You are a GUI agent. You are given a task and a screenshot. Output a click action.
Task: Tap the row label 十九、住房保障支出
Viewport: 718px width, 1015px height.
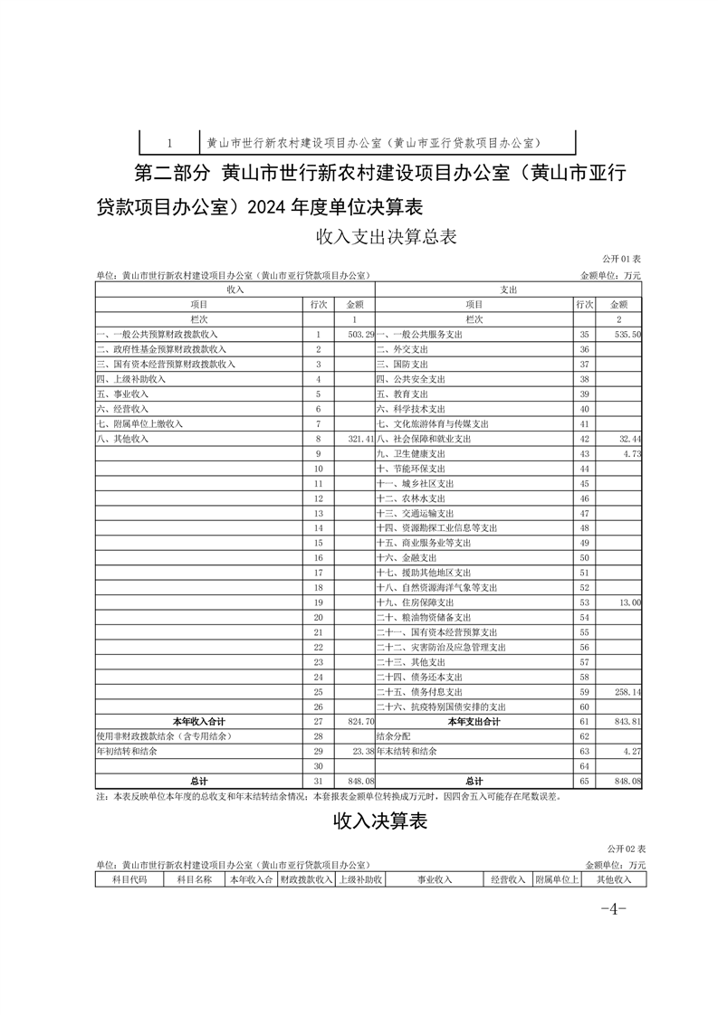point(415,602)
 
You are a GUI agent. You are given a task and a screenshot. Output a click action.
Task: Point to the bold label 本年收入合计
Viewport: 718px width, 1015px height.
point(199,721)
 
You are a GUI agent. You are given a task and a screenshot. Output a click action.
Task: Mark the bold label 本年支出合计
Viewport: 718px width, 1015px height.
point(474,721)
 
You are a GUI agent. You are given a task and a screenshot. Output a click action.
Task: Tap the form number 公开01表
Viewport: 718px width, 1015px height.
point(622,260)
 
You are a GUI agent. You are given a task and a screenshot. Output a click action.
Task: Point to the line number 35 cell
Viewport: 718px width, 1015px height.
point(584,335)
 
